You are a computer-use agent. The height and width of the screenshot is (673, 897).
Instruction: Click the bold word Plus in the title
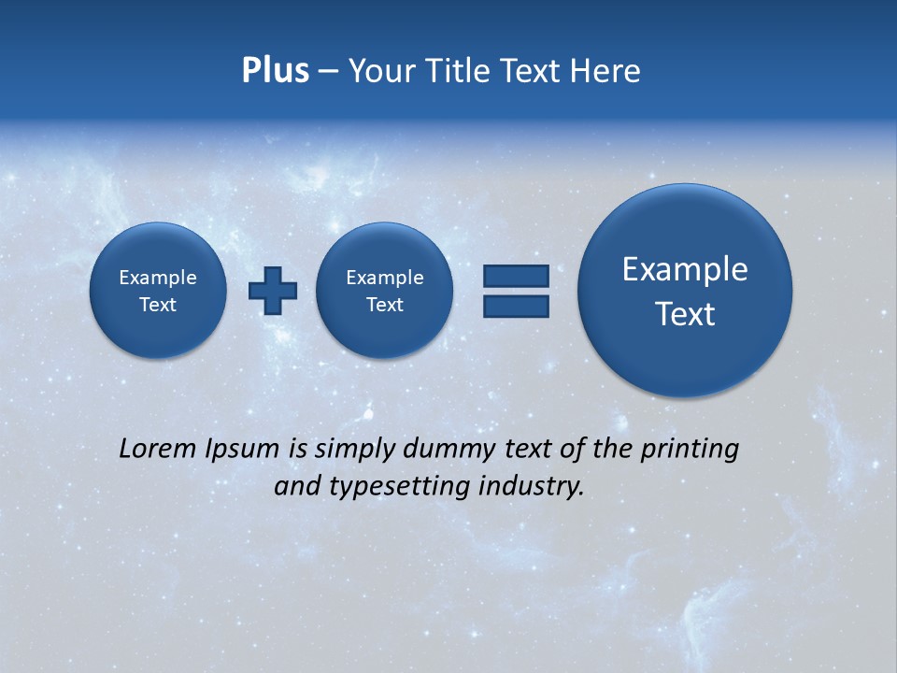(x=275, y=71)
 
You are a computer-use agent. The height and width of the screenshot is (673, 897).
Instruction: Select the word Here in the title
(x=605, y=71)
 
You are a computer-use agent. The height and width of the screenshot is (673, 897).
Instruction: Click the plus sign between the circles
(x=273, y=291)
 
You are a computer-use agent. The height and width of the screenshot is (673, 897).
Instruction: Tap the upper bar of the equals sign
(x=516, y=277)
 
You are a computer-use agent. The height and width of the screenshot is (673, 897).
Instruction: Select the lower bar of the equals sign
(x=516, y=307)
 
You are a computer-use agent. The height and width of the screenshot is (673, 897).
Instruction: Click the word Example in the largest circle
(x=685, y=269)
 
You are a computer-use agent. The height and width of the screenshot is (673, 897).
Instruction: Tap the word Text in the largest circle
(x=685, y=314)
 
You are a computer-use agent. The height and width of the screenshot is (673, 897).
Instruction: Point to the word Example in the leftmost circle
(x=158, y=278)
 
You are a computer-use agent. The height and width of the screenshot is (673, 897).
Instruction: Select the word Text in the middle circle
(x=385, y=305)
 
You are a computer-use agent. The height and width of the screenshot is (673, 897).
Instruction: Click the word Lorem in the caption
(x=153, y=449)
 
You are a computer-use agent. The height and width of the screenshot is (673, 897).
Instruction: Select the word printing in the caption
(x=690, y=450)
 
